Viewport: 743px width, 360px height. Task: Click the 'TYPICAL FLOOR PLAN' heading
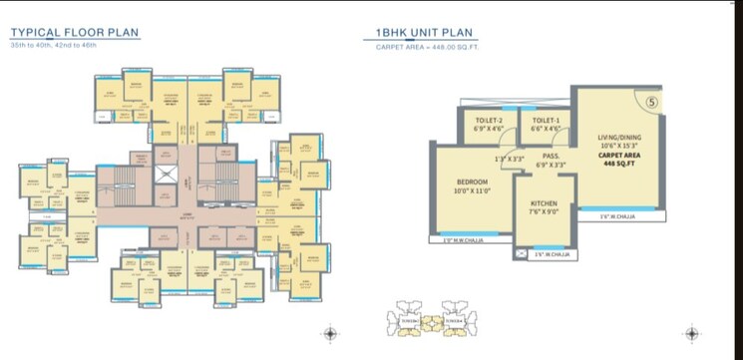click(75, 32)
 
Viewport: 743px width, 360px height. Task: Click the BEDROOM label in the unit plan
click(472, 181)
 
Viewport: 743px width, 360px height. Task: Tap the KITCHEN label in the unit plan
click(543, 203)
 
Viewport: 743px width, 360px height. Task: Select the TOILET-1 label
click(546, 120)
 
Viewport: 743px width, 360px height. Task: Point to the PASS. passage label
click(549, 156)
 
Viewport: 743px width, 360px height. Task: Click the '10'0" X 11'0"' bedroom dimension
click(472, 191)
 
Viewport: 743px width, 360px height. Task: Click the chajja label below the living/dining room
click(617, 215)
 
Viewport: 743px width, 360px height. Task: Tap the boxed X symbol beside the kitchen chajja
click(520, 254)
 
